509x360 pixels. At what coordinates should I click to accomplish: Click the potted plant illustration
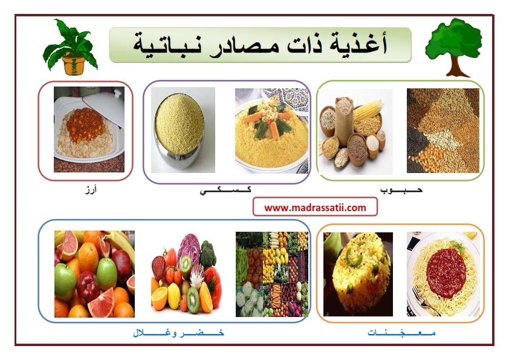click(70, 47)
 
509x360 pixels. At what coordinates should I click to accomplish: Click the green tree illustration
click(453, 47)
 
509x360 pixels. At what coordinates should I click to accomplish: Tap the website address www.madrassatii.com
click(315, 208)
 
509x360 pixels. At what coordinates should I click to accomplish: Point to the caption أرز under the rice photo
click(91, 189)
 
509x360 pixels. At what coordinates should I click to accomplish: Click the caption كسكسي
click(225, 190)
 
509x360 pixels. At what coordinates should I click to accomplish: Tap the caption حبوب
click(401, 189)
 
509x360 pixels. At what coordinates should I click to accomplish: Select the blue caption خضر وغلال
click(178, 332)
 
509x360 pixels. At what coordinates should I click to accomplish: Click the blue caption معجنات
click(401, 332)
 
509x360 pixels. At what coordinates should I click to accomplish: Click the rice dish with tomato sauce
click(89, 129)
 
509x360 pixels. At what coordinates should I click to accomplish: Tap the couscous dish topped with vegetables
click(271, 131)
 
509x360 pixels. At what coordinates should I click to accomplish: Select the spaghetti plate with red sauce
click(443, 274)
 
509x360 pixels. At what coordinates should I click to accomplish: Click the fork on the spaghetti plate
click(425, 301)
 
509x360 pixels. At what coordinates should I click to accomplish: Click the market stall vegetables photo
click(271, 274)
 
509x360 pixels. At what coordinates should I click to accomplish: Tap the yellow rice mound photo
click(358, 274)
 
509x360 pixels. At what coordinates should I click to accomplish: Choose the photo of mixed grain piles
click(443, 131)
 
